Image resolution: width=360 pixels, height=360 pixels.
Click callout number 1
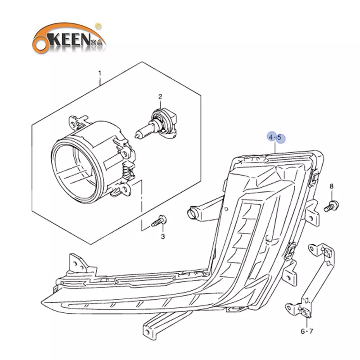[100, 73]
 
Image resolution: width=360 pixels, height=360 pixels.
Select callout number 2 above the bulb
[159, 96]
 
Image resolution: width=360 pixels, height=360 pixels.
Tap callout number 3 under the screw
[163, 236]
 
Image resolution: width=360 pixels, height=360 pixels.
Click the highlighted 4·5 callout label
[274, 136]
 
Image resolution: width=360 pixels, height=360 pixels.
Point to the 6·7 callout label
[306, 332]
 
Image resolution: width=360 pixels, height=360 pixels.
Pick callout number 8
[332, 186]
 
